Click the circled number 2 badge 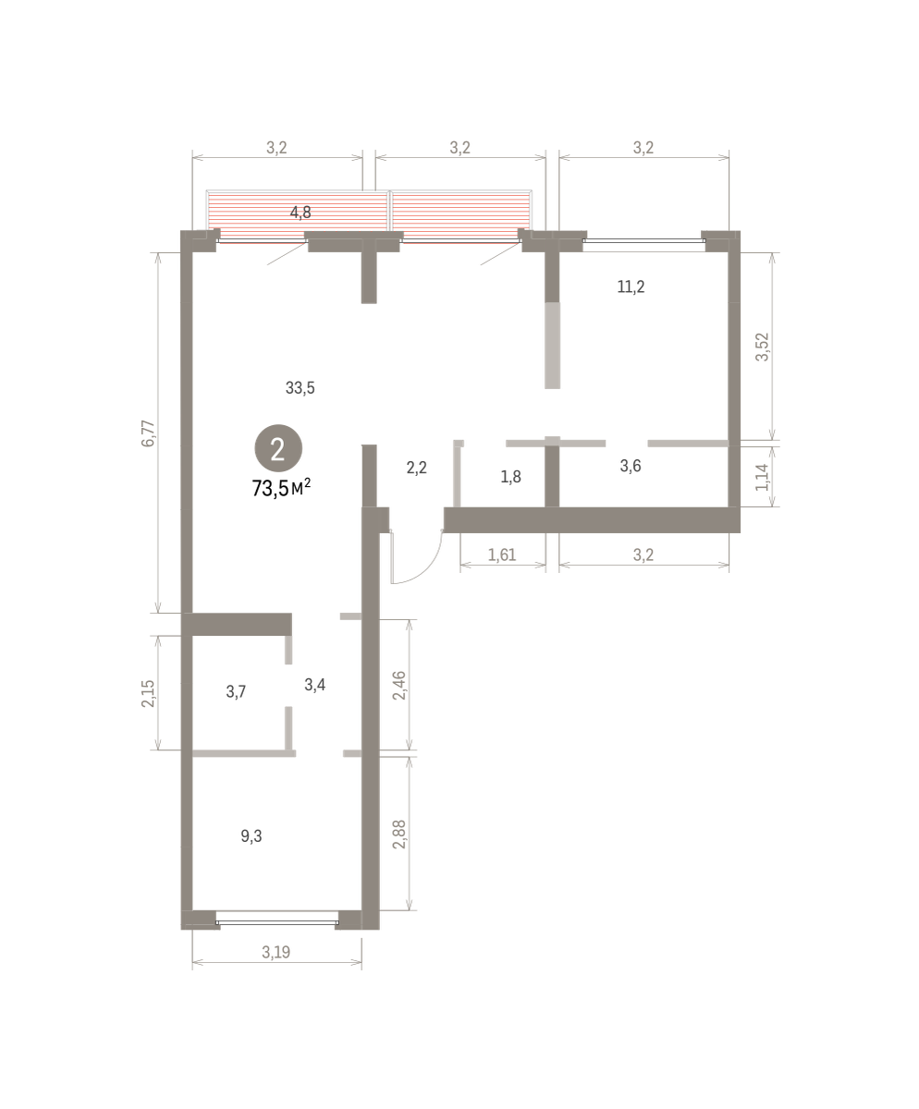(278, 448)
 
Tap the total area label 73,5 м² (281, 488)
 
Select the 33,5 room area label (300, 388)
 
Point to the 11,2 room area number (631, 286)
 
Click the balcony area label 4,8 (300, 213)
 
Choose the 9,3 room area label (251, 836)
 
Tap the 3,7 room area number (236, 691)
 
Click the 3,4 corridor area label (314, 685)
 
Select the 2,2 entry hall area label (416, 468)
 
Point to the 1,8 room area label (510, 477)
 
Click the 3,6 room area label (631, 466)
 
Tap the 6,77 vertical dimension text (148, 433)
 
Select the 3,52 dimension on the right (762, 347)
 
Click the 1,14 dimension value (762, 477)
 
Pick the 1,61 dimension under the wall (502, 554)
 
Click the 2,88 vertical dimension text (398, 835)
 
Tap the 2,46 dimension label (398, 685)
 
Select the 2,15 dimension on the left (148, 693)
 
